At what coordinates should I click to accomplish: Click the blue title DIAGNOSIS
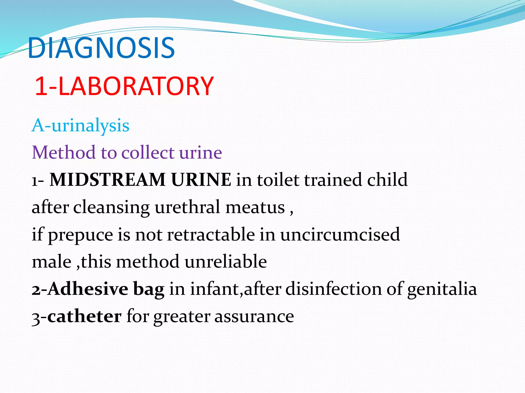tap(101, 48)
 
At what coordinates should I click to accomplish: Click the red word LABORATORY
tap(136, 86)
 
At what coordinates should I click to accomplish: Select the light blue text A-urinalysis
tap(80, 125)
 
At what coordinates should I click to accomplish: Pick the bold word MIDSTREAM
tap(107, 180)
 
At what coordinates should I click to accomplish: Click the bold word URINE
tap(201, 180)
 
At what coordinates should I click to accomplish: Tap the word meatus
tap(255, 207)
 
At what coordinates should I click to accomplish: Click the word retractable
tap(211, 234)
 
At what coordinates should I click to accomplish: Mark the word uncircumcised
tap(340, 234)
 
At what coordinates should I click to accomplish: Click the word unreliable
tap(226, 262)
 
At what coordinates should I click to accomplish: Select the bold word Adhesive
tap(88, 289)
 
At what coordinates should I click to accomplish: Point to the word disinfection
tap(334, 289)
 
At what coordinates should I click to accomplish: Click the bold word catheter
tap(84, 316)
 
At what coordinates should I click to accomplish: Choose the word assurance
tap(254, 316)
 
